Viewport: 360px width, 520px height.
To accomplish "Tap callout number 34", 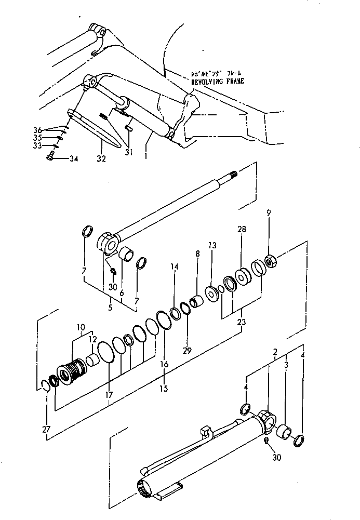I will point(73,158).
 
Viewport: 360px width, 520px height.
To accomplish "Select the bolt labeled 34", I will point(50,157).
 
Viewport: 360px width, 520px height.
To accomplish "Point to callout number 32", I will point(101,158).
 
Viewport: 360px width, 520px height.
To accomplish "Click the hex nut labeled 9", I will point(270,261).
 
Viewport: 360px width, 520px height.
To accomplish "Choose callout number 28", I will point(241,229).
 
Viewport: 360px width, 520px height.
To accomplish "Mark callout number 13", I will point(212,246).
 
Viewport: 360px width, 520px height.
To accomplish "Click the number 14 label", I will point(174,266).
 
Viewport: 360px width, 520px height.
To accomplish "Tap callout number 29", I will point(187,350).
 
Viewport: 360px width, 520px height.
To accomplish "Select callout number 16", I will point(164,364).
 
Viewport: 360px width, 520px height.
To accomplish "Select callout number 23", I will point(241,323).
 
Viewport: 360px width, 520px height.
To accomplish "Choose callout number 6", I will point(122,294).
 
